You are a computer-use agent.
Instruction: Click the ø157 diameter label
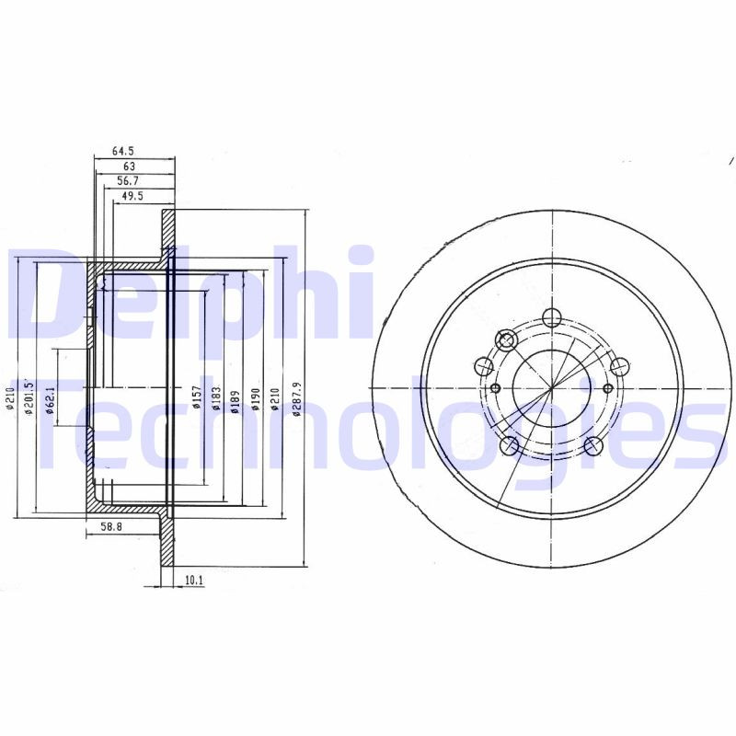[195, 397]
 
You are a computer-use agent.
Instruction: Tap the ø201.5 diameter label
[29, 397]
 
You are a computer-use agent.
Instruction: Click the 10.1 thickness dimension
[193, 581]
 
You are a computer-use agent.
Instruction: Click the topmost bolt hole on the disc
[551, 318]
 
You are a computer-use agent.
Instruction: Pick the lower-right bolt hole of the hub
[593, 447]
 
